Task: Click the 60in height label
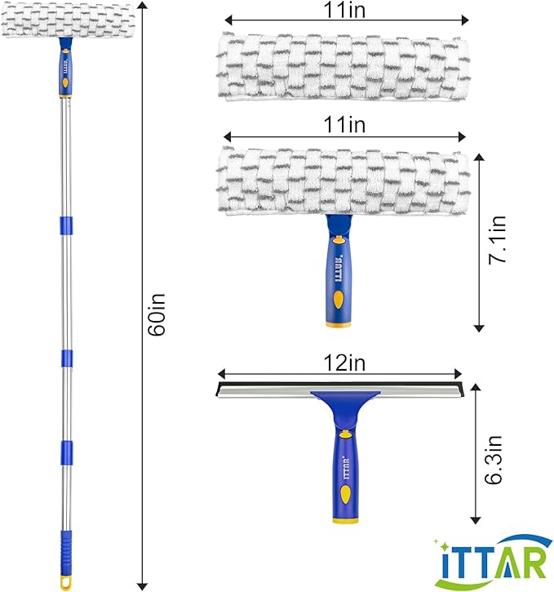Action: pos(157,314)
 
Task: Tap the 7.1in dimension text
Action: pos(497,240)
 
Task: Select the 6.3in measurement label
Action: pos(494,460)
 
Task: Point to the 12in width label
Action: pos(344,363)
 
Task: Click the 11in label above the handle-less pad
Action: pos(344,10)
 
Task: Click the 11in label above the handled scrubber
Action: pos(344,124)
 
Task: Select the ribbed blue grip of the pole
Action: pos(65,552)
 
